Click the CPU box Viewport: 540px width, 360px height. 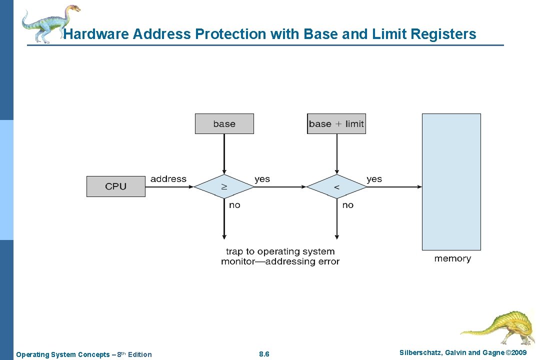(116, 186)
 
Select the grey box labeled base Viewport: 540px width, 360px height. (224, 124)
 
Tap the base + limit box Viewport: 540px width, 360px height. (336, 124)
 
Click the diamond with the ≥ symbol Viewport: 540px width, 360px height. (224, 187)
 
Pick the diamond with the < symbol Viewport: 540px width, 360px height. (336, 187)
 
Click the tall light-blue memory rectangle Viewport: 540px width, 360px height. (451, 181)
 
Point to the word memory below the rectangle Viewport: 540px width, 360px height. (452, 258)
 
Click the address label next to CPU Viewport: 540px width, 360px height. (168, 179)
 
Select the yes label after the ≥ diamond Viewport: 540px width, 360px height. (262, 179)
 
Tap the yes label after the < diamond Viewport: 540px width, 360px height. (374, 179)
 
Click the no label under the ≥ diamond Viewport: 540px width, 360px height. (234, 205)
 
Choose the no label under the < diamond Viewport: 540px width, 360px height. (347, 205)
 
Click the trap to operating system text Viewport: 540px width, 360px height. (280, 251)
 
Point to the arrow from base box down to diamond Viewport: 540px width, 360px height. (224, 152)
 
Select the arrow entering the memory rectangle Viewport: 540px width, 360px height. (395, 187)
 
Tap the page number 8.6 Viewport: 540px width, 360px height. (264, 354)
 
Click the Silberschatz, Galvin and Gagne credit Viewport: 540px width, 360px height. (463, 353)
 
